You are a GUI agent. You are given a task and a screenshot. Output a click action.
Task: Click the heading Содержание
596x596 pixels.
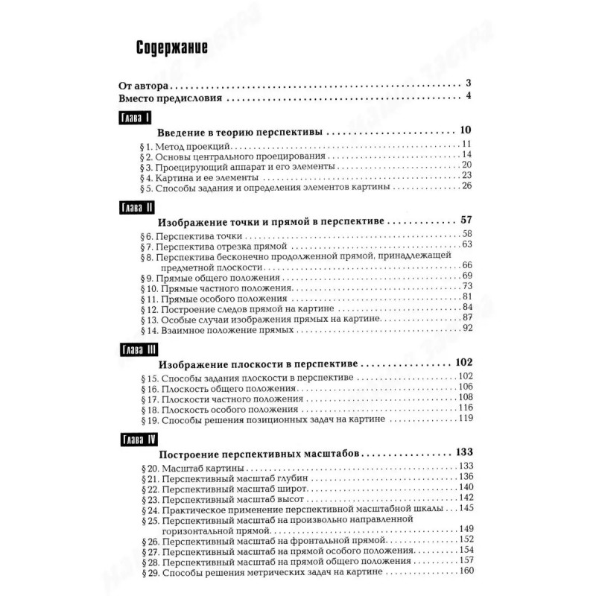coord(171,48)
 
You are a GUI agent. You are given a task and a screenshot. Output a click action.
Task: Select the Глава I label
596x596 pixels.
coord(136,118)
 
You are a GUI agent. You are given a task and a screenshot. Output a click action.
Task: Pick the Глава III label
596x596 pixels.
coord(138,350)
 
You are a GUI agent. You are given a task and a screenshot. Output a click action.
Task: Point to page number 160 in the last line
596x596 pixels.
coord(466,571)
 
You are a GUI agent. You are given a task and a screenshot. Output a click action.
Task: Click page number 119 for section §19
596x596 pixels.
coord(466,419)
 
